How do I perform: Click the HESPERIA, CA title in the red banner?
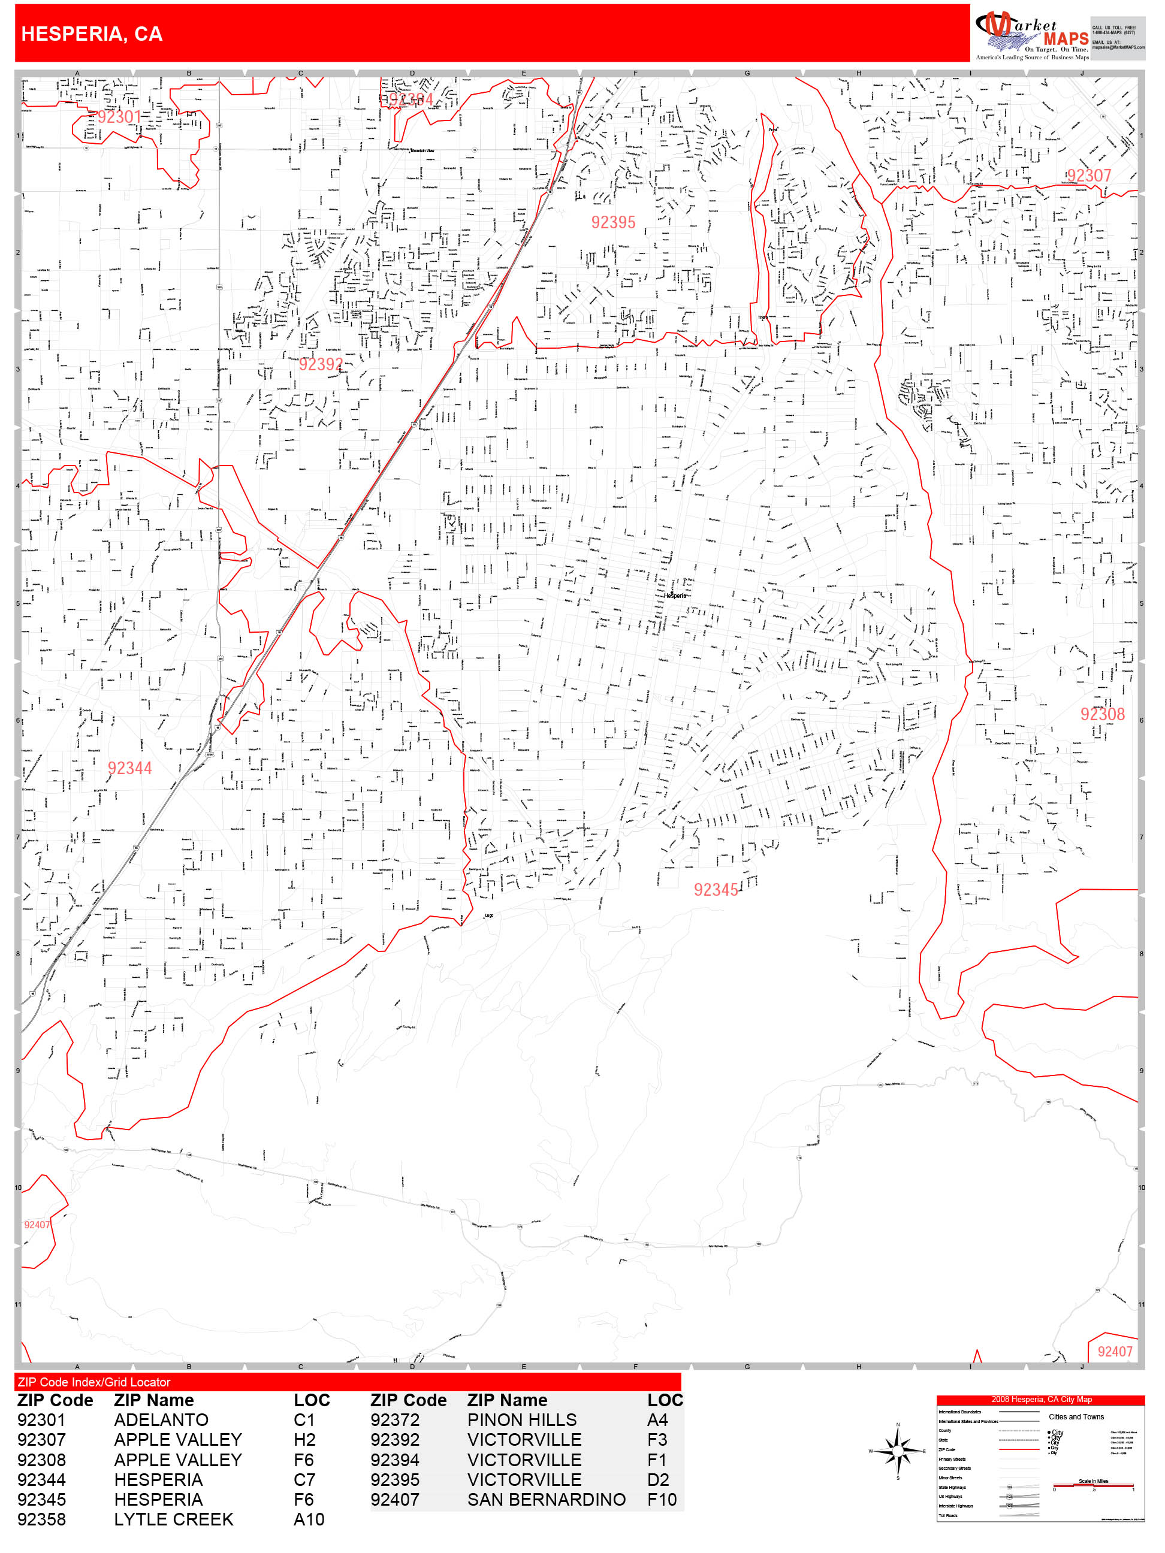pyautogui.click(x=92, y=34)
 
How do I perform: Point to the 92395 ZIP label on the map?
pyautogui.click(x=613, y=222)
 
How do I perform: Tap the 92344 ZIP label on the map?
pyautogui.click(x=130, y=768)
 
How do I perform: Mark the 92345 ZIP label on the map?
pyautogui.click(x=716, y=890)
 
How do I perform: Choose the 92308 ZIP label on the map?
pyautogui.click(x=1102, y=714)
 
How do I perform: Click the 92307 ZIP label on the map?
pyautogui.click(x=1088, y=176)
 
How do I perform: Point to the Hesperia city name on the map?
pyautogui.click(x=675, y=596)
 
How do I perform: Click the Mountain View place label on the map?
pyautogui.click(x=422, y=151)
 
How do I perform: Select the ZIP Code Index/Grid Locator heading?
pyautogui.click(x=94, y=1382)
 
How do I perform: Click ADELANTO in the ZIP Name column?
pyautogui.click(x=161, y=1419)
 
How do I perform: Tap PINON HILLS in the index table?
pyautogui.click(x=522, y=1419)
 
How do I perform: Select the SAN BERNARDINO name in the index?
pyautogui.click(x=547, y=1500)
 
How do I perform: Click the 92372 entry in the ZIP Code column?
pyautogui.click(x=395, y=1419)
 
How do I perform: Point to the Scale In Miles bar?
pyautogui.click(x=1092, y=1486)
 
